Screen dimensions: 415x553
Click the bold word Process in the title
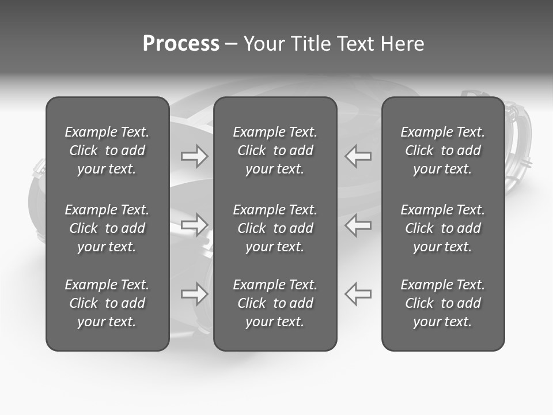click(181, 44)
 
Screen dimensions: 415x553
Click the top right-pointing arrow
click(194, 156)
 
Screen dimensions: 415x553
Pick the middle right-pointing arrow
click(194, 225)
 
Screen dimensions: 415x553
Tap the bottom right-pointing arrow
click(194, 294)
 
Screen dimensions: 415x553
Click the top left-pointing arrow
click(358, 156)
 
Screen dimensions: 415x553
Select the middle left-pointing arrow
click(358, 225)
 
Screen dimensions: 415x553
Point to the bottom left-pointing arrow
click(358, 294)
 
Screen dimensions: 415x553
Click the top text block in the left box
click(107, 150)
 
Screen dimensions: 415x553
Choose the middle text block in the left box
click(107, 228)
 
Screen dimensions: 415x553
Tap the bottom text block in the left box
click(107, 303)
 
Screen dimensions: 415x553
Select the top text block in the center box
click(275, 150)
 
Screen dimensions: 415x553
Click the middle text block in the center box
click(275, 228)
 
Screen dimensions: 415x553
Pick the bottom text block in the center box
click(275, 303)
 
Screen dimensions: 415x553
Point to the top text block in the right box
click(442, 150)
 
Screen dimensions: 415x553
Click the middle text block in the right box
click(442, 228)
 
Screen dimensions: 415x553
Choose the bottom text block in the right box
click(442, 303)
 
